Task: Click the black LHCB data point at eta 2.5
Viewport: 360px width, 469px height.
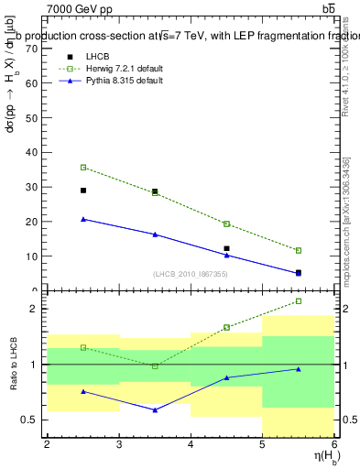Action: [83, 191]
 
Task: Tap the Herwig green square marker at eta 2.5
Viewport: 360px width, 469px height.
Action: [83, 168]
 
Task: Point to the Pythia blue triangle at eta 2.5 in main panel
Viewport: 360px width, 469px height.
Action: [83, 219]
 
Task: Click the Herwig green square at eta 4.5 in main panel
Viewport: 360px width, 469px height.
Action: [226, 224]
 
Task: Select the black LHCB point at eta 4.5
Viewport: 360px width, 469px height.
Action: [226, 248]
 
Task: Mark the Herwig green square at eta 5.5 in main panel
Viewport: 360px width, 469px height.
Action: [299, 250]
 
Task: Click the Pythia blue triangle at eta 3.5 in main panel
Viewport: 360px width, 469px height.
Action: [155, 234]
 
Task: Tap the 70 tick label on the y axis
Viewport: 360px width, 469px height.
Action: [32, 49]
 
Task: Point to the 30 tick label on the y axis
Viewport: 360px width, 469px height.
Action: [32, 187]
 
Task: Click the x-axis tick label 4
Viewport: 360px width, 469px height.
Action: [191, 444]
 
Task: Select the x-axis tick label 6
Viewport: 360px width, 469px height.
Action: [333, 444]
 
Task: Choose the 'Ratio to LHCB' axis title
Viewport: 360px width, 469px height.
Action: [12, 366]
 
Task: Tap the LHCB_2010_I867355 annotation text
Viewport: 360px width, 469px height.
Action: [191, 274]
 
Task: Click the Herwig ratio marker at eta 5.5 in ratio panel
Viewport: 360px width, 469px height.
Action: [299, 301]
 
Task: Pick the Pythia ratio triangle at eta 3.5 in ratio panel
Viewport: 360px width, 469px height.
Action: [155, 409]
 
